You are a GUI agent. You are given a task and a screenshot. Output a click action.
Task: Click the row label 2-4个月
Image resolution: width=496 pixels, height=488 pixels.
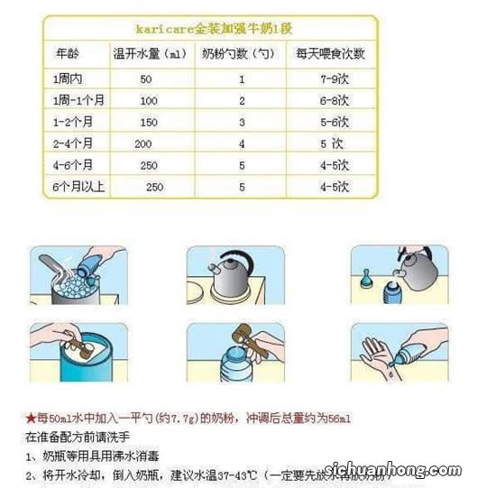click(x=73, y=143)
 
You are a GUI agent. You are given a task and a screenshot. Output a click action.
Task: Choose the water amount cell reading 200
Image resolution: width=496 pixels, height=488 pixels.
click(x=142, y=143)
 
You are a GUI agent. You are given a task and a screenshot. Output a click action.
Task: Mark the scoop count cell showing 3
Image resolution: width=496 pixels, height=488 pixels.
click(x=242, y=122)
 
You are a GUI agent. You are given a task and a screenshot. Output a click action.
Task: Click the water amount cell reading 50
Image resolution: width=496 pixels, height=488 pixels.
click(x=146, y=78)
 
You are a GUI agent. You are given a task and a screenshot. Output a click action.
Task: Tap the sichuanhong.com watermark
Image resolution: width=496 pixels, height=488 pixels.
click(x=422, y=469)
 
